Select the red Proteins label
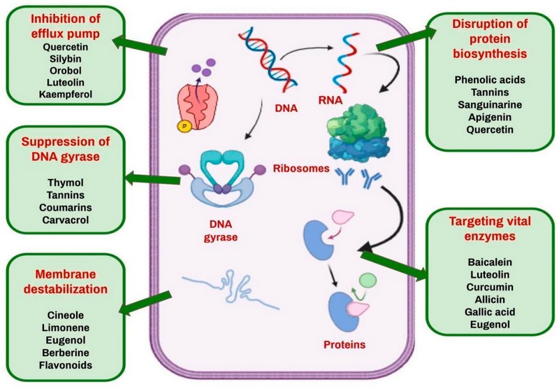[x=344, y=344]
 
